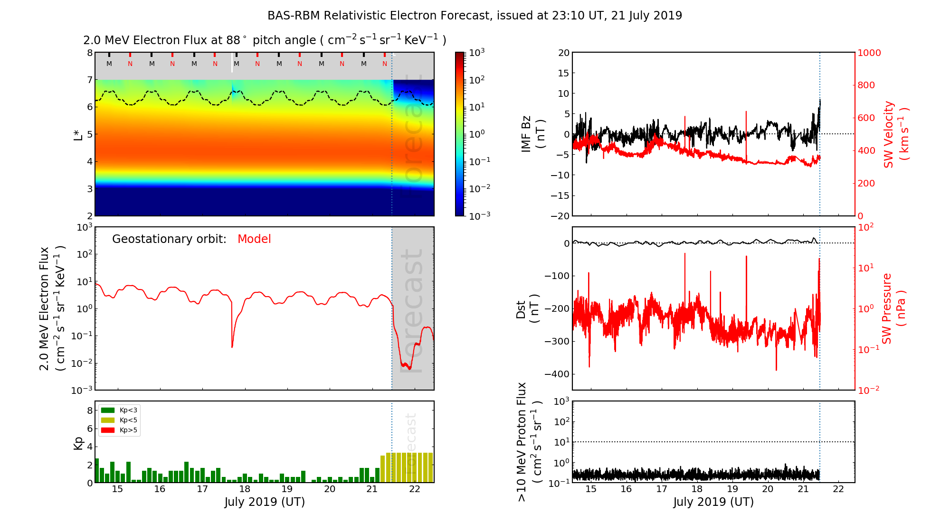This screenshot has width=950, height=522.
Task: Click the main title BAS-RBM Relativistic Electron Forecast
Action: (x=475, y=16)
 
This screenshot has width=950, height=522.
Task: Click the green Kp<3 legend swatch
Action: (x=108, y=410)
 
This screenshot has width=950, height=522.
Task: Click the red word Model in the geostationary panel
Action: (x=254, y=239)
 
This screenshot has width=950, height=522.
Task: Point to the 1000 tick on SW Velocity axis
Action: (x=869, y=53)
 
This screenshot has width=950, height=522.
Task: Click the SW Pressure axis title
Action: (x=893, y=308)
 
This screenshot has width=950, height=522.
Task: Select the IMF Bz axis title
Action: (x=532, y=134)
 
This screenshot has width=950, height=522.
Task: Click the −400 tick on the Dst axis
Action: (x=557, y=374)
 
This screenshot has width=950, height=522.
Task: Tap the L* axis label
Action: (x=78, y=134)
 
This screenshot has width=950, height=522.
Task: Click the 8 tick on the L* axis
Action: (x=89, y=53)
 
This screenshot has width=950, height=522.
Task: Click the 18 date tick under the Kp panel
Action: (x=245, y=489)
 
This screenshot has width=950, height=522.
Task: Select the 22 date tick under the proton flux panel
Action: (x=838, y=489)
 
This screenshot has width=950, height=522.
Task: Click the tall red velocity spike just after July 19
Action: (x=746, y=114)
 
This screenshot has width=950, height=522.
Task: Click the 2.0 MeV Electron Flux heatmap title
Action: (x=265, y=40)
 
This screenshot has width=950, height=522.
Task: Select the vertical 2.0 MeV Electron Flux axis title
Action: (x=51, y=308)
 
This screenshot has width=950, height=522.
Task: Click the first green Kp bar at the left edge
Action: (x=97, y=470)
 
